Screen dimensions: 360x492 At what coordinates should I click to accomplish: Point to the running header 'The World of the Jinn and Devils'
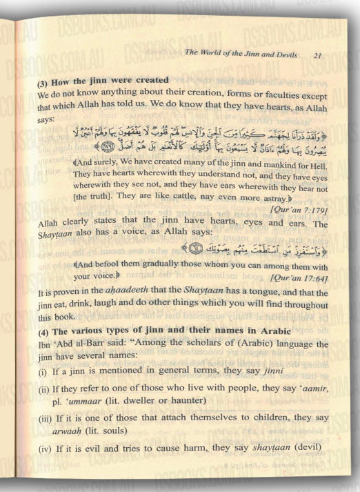(x=244, y=55)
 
